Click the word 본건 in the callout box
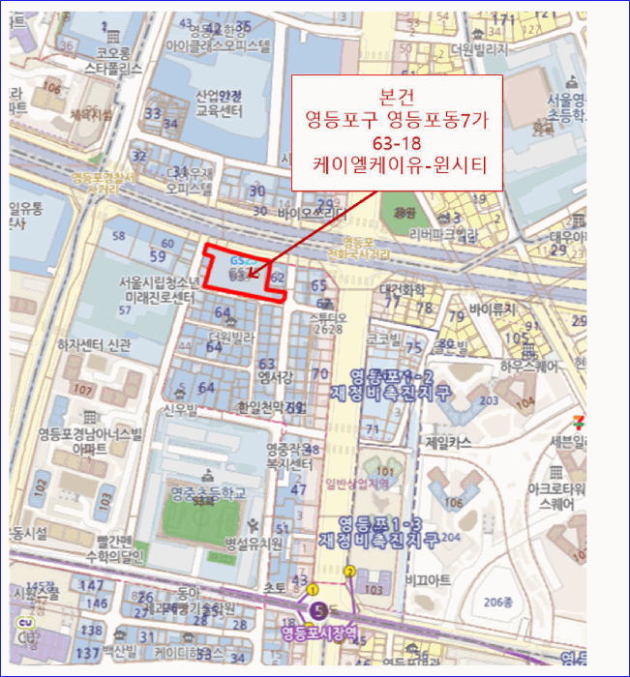coord(398,99)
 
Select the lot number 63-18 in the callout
coord(398,145)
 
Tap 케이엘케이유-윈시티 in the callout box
coord(398,167)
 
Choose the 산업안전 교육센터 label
coord(218,103)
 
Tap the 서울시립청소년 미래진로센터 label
coord(152,291)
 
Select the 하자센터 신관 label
coord(93,344)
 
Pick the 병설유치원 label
coord(255,545)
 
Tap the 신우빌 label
coord(179,410)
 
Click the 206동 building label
coord(508,602)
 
